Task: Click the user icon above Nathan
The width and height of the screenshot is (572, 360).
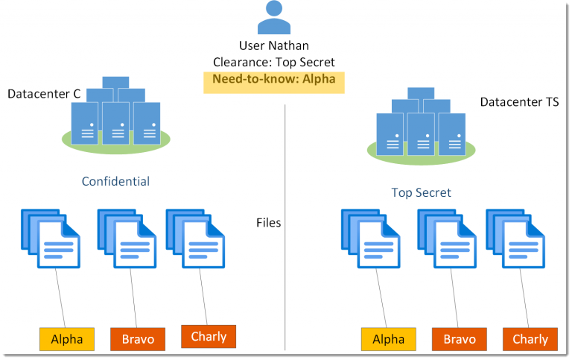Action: pyautogui.click(x=274, y=17)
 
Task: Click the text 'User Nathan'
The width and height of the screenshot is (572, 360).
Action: pyautogui.click(x=274, y=45)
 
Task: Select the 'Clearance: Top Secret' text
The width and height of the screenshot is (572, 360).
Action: pyautogui.click(x=274, y=62)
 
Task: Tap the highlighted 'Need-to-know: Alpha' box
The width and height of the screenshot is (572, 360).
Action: pyautogui.click(x=274, y=83)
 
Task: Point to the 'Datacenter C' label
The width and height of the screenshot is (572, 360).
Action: pyautogui.click(x=44, y=94)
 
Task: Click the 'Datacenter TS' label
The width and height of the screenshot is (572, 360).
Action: pyautogui.click(x=519, y=102)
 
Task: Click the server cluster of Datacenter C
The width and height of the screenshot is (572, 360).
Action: pyautogui.click(x=116, y=115)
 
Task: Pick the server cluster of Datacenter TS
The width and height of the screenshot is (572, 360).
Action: pyautogui.click(x=421, y=126)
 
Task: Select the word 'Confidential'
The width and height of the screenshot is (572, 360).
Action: pyautogui.click(x=115, y=181)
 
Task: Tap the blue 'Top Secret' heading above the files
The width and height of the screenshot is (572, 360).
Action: pyautogui.click(x=422, y=192)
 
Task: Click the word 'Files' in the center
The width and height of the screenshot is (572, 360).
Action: pyautogui.click(x=268, y=223)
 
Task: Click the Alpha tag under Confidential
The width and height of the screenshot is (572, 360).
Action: pyautogui.click(x=67, y=339)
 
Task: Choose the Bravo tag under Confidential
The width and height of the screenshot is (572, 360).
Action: pyautogui.click(x=138, y=339)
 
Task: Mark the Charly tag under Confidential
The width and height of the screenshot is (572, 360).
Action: pyautogui.click(x=209, y=337)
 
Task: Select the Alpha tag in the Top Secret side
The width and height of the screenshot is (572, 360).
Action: pyautogui.click(x=389, y=339)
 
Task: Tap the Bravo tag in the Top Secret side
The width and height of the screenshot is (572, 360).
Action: pyautogui.click(x=460, y=339)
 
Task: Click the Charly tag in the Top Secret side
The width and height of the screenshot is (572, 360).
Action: pyautogui.click(x=530, y=339)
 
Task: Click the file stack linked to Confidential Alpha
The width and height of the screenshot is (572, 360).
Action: pyautogui.click(x=51, y=239)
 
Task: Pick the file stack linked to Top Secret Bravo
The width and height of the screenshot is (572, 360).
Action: pyautogui.click(x=447, y=239)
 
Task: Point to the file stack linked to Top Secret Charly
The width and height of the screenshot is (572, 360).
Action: pyautogui.click(x=516, y=239)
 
